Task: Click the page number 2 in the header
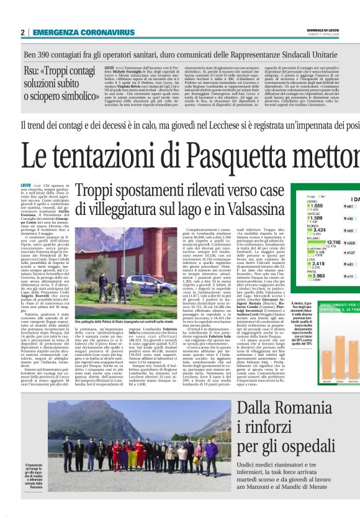[23, 32]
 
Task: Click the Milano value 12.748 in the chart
[317, 242]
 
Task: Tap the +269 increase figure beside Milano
[349, 243]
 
